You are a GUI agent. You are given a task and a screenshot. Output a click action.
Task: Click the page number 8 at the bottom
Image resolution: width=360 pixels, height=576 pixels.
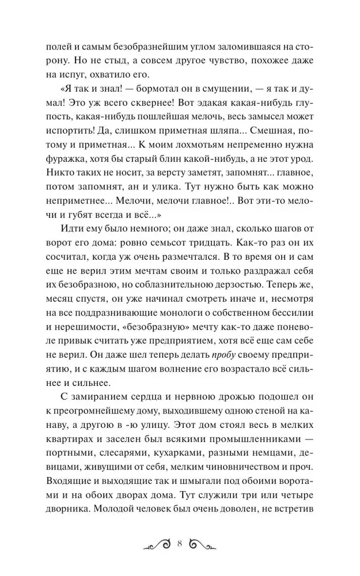pyautogui.click(x=180, y=543)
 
